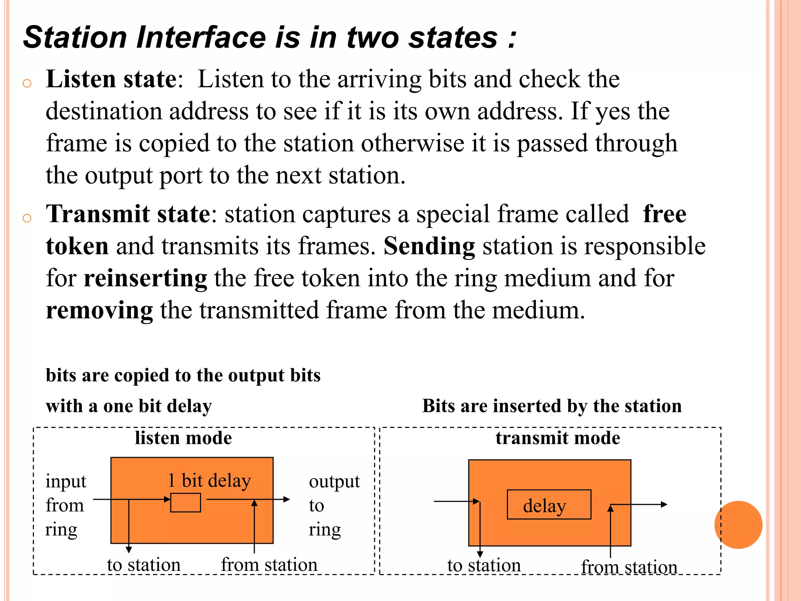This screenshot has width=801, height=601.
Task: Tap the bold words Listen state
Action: click(111, 79)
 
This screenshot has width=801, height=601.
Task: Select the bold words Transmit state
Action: click(128, 214)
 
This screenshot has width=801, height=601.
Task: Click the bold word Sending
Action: click(429, 247)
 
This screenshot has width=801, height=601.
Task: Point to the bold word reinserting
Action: click(145, 279)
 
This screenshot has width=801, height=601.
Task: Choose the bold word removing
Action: click(99, 311)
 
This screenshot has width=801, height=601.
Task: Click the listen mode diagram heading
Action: click(183, 438)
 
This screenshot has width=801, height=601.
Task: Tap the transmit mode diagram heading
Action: click(558, 438)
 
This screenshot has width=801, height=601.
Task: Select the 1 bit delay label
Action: click(209, 480)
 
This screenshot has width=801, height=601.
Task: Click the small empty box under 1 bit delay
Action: click(185, 503)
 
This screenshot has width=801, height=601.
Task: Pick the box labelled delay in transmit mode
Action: click(549, 505)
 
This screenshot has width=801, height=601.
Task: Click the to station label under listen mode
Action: click(144, 565)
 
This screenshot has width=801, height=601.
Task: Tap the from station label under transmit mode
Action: click(629, 567)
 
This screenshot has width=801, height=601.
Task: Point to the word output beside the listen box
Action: click(334, 482)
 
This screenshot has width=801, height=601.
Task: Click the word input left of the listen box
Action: click(66, 482)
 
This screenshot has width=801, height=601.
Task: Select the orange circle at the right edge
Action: click(738, 525)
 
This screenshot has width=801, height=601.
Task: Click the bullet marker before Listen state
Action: click(27, 83)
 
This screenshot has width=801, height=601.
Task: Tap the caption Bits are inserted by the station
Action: click(552, 406)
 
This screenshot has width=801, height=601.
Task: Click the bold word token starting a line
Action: click(77, 247)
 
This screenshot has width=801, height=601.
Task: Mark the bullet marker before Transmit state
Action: click(27, 218)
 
